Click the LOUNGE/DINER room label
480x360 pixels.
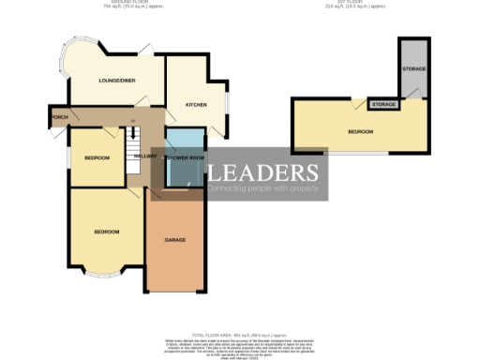point(117,81)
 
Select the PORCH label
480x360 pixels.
point(60,117)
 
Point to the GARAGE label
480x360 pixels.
point(175,240)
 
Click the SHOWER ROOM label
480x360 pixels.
point(185,157)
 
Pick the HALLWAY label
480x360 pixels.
point(145,156)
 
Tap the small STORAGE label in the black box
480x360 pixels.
point(383,104)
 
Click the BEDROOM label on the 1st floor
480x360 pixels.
point(361,132)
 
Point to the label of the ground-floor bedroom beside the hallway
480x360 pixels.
point(96,157)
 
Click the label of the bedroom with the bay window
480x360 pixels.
point(106,232)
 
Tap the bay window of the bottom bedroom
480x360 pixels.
point(106,273)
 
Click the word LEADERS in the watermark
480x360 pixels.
point(262,172)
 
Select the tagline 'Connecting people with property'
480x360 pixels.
point(265,191)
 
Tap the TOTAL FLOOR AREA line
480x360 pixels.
point(240,334)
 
